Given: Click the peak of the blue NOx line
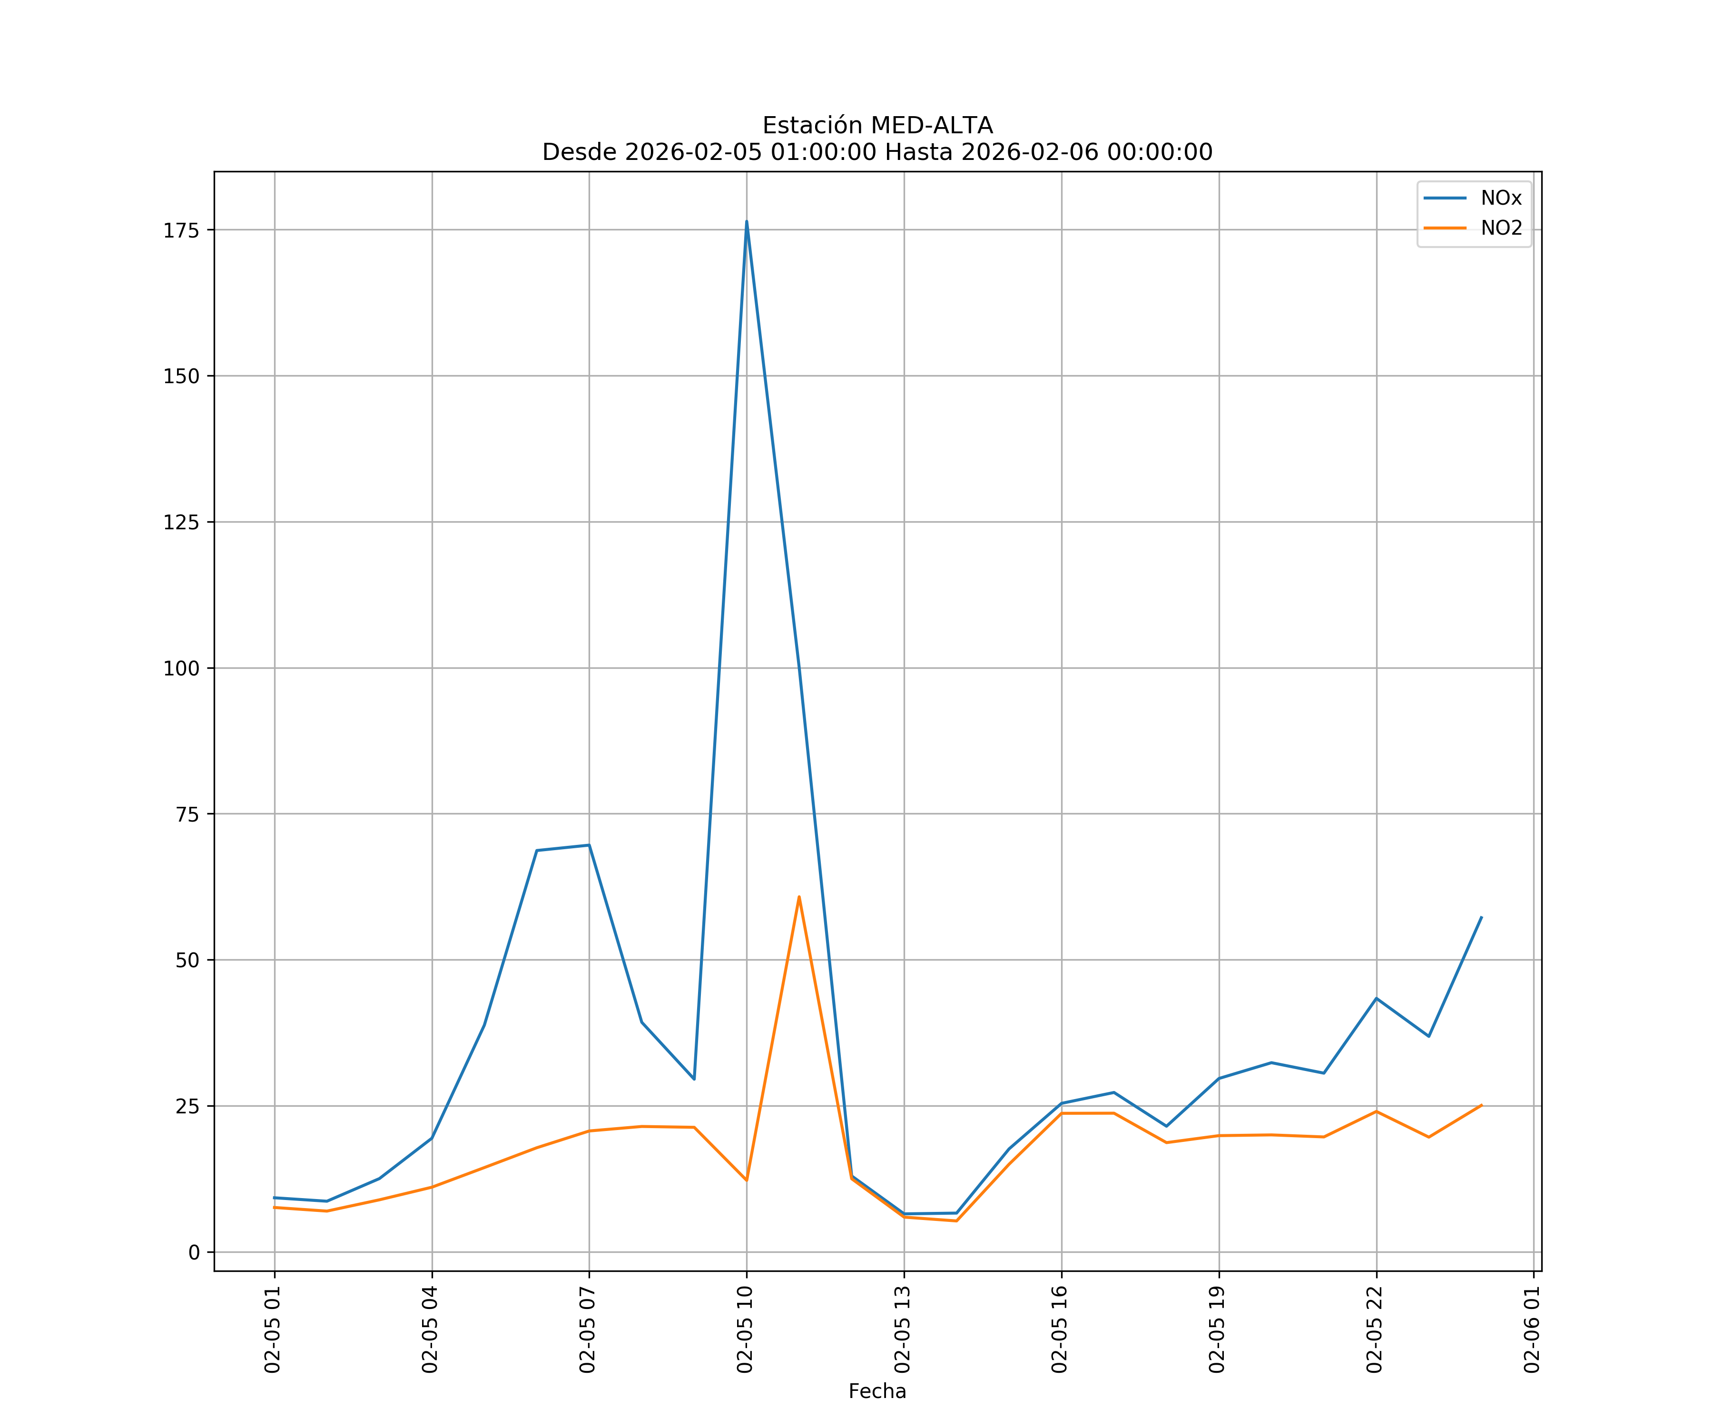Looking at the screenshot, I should click(747, 221).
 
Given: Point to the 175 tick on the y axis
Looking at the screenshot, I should click(181, 230).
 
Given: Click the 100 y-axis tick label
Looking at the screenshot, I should click(181, 668).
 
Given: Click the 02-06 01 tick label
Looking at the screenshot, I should click(1532, 1329).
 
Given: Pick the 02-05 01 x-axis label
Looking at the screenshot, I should click(273, 1329).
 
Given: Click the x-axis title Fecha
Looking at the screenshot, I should click(877, 1391).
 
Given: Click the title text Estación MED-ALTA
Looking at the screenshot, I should click(877, 126).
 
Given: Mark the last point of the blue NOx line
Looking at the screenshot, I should click(1481, 917).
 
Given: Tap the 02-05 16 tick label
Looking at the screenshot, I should click(1060, 1329).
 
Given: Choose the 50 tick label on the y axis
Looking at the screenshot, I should click(187, 961).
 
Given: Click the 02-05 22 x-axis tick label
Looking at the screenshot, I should click(1375, 1329).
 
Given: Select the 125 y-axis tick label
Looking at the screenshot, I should click(181, 522).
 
